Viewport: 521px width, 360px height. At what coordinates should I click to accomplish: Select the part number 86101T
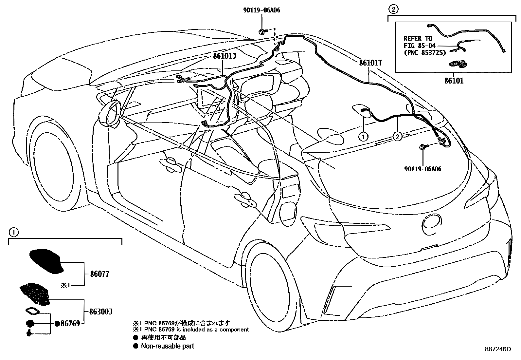click(370, 63)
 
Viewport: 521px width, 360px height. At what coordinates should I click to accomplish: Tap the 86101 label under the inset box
click(454, 80)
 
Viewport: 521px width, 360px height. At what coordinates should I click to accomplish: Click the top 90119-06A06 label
click(261, 10)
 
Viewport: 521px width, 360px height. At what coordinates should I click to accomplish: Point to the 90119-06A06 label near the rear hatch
click(423, 169)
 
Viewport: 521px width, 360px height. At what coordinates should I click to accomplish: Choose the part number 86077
click(99, 274)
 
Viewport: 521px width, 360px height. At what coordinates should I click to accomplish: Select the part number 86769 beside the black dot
click(70, 324)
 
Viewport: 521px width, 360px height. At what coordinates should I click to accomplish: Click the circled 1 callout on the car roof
click(363, 136)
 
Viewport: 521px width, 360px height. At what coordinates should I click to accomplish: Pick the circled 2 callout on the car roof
click(397, 136)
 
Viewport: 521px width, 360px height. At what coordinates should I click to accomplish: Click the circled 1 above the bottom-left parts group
click(13, 233)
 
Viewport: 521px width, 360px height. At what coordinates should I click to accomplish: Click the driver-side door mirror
click(111, 114)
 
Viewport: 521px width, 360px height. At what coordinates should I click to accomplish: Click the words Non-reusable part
click(167, 346)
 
